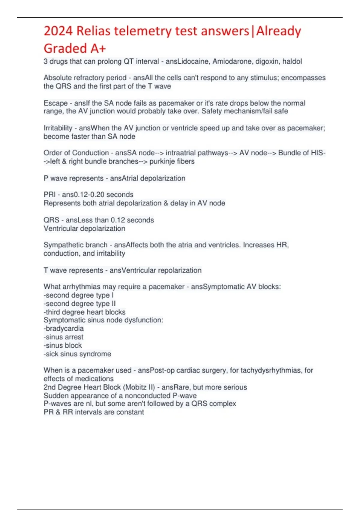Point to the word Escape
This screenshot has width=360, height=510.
[55, 103]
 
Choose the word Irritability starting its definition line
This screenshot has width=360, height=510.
[58, 128]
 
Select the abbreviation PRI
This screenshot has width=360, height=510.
[49, 195]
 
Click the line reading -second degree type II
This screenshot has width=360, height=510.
[79, 304]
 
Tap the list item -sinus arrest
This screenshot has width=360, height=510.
[63, 337]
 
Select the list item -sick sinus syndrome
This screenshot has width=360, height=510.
[77, 354]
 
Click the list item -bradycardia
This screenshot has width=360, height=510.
[63, 328]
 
